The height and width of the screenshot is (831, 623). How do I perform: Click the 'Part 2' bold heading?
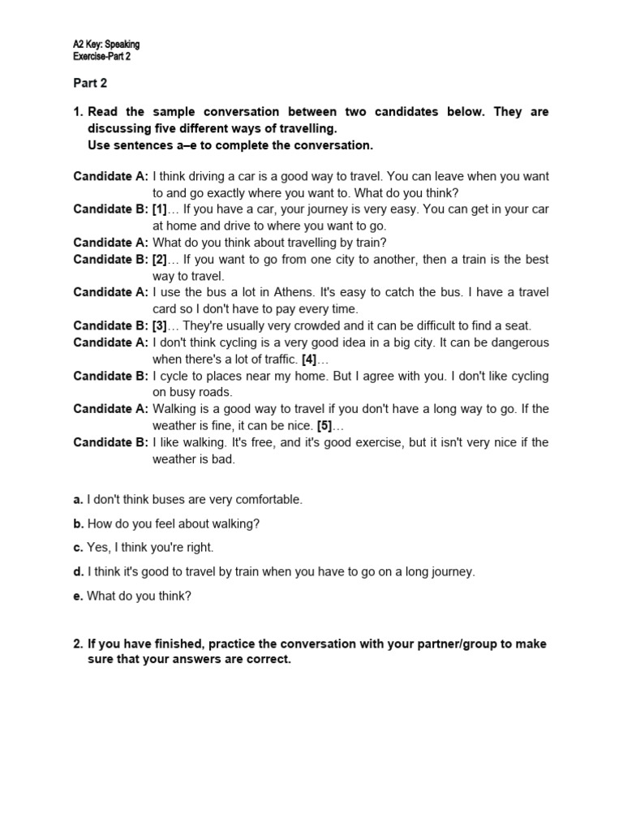point(89,83)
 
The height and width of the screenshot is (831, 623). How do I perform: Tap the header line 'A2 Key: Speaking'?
point(105,45)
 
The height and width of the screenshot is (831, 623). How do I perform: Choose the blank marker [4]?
point(309,360)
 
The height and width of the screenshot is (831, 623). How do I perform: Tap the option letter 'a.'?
point(79,500)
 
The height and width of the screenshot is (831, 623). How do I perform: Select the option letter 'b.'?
point(79,524)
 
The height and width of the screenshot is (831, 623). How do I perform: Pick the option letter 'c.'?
point(79,548)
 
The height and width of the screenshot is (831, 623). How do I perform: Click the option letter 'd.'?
point(79,572)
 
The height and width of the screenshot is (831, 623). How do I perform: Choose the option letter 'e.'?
point(79,596)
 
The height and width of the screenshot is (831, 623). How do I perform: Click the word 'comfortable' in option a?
point(270,500)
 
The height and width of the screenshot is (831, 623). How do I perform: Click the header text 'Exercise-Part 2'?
point(101,57)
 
